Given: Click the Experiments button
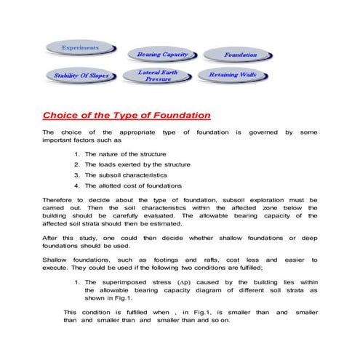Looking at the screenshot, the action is [81, 47].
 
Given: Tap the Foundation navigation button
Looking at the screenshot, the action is [240, 55].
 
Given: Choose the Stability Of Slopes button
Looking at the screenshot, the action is [81, 75].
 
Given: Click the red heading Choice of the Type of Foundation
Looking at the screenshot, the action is [127, 115].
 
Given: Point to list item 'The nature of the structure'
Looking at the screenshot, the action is [125, 154].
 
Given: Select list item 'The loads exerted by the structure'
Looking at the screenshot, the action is [137, 164].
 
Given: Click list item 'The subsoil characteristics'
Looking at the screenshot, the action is [126, 175].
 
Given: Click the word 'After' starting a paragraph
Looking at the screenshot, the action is [52, 238].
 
